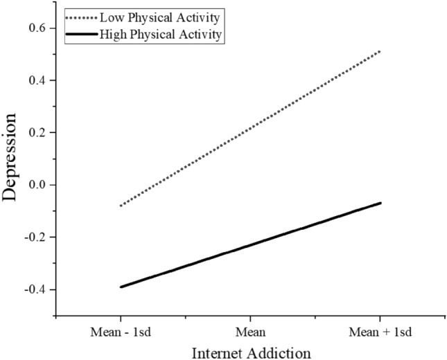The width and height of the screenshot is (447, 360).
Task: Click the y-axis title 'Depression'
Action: (12, 166)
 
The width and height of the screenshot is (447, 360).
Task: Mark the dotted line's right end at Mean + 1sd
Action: (380, 51)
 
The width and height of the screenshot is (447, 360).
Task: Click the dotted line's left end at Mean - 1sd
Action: (121, 206)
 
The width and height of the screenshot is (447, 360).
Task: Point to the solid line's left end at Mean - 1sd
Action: (121, 287)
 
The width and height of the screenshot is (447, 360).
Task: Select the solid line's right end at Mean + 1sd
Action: (380, 203)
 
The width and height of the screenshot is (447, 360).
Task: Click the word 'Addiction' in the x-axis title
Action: (283, 352)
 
